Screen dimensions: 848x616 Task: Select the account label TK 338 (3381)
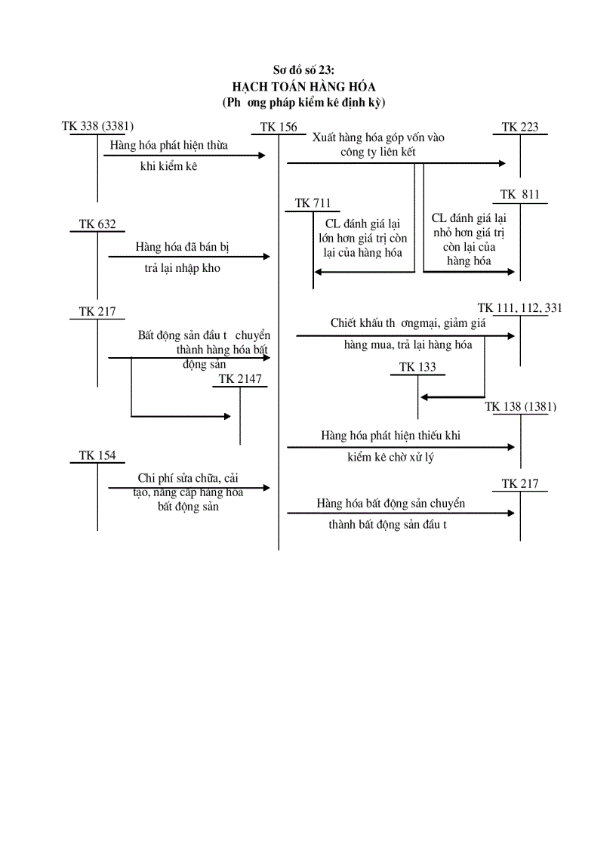[x=97, y=126]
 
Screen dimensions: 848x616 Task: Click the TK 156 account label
[x=279, y=127]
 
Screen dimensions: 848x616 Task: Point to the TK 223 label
[x=520, y=127]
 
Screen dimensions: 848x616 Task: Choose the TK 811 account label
[x=520, y=195]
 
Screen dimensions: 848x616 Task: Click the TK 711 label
[x=313, y=203]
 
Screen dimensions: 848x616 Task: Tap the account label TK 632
[x=97, y=224]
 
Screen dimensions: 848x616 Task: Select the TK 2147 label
[x=240, y=378]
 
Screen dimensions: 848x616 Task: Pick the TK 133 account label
[x=417, y=367]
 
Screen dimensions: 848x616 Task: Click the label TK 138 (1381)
[x=520, y=406]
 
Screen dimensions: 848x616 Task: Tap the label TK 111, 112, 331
[x=520, y=307]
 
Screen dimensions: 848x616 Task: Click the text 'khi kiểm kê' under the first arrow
[x=168, y=166]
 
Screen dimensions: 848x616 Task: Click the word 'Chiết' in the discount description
[x=343, y=323]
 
